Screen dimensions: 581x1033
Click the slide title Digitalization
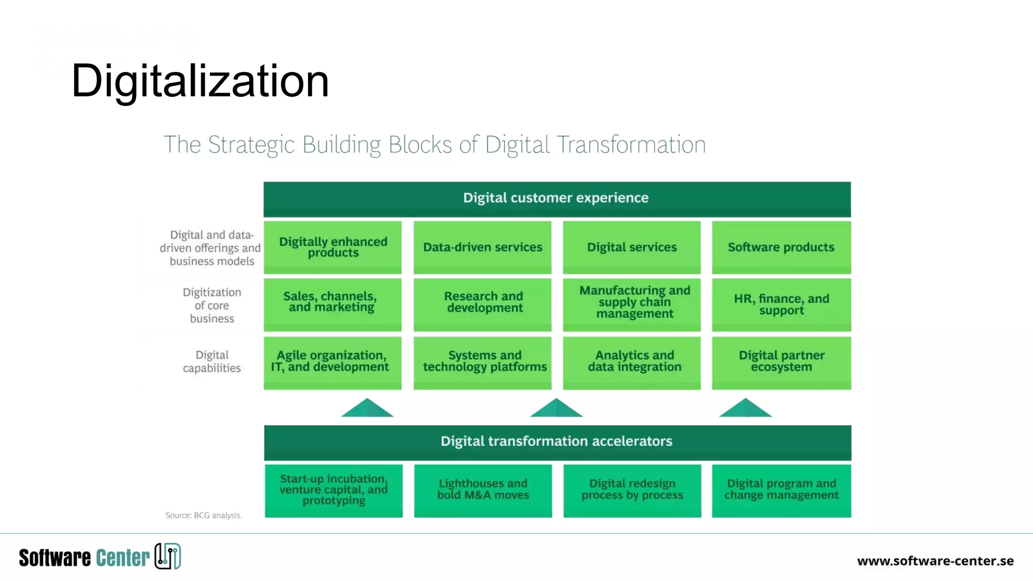(x=200, y=81)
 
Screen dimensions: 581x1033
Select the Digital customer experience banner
(x=556, y=198)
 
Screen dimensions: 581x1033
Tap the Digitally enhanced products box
(x=333, y=247)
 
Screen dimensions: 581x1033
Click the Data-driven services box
(x=482, y=247)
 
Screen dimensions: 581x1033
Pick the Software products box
(x=781, y=247)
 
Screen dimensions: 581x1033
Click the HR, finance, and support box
(x=781, y=305)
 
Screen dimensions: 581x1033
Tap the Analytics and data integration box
(x=632, y=362)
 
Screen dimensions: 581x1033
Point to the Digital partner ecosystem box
(x=781, y=362)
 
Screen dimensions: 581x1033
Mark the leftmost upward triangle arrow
(x=367, y=409)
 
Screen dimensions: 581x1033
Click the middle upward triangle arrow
(x=556, y=409)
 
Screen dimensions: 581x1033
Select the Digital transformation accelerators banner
(x=557, y=442)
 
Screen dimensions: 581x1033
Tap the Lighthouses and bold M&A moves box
(x=483, y=490)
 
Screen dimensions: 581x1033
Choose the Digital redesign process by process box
(x=632, y=490)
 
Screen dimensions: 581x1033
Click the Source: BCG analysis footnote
(x=204, y=515)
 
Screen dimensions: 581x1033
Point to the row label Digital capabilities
(x=212, y=362)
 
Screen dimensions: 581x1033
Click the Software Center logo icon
(x=168, y=556)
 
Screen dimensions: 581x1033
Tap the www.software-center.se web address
(x=935, y=561)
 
